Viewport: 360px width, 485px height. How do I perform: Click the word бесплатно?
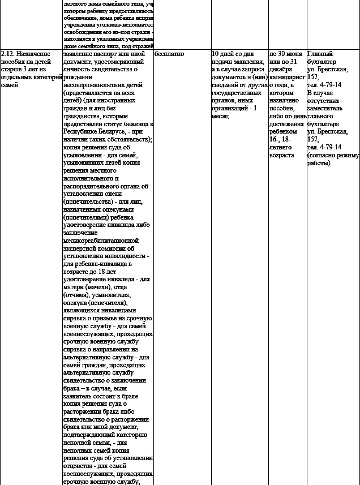tap(169, 54)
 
